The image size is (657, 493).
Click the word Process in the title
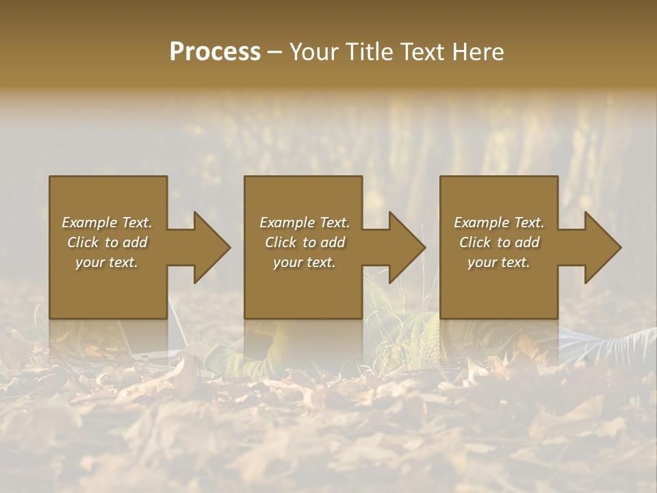click(x=215, y=52)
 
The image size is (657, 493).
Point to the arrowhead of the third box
click(x=602, y=247)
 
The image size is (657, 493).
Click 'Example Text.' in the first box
click(x=107, y=223)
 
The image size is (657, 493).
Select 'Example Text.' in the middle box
click(x=304, y=223)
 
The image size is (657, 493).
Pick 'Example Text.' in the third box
click(x=499, y=223)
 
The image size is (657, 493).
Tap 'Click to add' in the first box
click(x=107, y=242)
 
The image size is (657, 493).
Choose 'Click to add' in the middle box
click(x=304, y=242)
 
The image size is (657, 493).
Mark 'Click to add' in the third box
click(x=499, y=242)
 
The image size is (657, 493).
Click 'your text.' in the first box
click(x=107, y=262)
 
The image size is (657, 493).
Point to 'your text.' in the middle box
click(x=304, y=262)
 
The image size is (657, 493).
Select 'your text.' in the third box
click(x=499, y=262)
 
